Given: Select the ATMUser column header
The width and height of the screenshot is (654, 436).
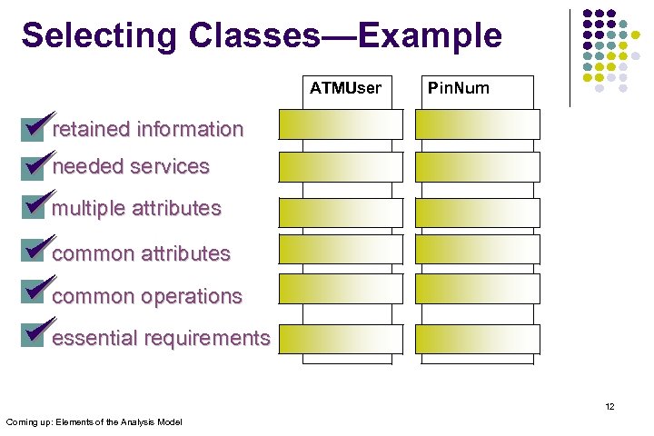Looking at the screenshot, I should tap(345, 88).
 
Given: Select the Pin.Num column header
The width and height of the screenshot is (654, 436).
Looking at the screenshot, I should tap(459, 88).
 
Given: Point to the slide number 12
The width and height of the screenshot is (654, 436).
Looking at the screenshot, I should tap(609, 407).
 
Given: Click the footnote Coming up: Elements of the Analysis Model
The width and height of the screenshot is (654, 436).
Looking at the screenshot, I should tap(94, 422).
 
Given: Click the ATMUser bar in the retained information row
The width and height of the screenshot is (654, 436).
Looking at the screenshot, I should tap(340, 124).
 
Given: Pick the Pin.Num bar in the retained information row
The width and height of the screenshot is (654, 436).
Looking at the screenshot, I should tap(477, 124).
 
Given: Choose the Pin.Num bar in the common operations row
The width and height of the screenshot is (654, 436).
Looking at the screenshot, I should tap(477, 288).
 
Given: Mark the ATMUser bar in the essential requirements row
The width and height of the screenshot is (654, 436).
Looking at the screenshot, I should tap(340, 339).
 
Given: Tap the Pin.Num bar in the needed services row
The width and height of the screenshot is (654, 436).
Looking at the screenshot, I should tap(477, 167).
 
